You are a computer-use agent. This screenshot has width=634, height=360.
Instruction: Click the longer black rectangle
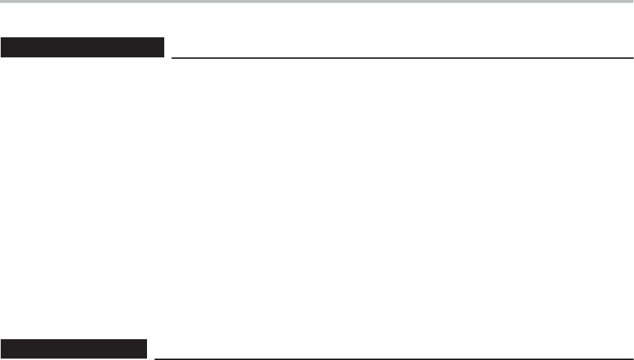click(x=82, y=47)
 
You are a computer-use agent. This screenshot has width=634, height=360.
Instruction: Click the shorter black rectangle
click(x=73, y=347)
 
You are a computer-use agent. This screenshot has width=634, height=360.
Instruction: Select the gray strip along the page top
click(x=317, y=2)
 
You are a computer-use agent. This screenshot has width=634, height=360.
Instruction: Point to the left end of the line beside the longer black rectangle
click(x=173, y=58)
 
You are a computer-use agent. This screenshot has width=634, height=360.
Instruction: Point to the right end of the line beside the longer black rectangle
click(x=624, y=58)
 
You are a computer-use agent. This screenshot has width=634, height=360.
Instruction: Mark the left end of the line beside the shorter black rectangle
click(x=156, y=357)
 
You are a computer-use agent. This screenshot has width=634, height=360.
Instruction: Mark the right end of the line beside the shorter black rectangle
click(x=624, y=357)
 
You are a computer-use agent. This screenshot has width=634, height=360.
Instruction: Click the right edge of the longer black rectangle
click(x=164, y=47)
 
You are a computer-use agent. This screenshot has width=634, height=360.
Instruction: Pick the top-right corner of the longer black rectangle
click(x=164, y=39)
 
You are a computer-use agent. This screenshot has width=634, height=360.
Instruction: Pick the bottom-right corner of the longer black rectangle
click(x=164, y=56)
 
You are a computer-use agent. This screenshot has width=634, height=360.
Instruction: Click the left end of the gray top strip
click(x=1, y=2)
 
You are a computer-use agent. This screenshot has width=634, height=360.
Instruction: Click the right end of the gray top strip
click(x=632, y=2)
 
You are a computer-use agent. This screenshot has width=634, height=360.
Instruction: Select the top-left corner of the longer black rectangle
click(x=1, y=39)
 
